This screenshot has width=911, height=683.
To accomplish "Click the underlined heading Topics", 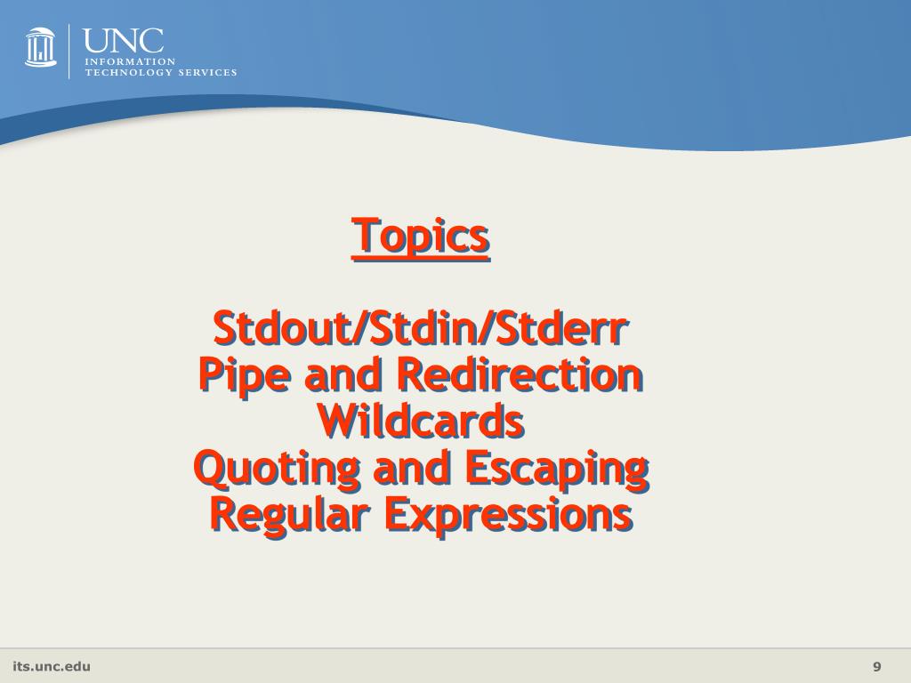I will coord(421,237).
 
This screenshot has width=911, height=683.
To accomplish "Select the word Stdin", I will coord(419,329).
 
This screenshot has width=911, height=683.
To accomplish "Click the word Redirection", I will coord(519,375).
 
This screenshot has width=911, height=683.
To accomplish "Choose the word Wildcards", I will coord(421,422).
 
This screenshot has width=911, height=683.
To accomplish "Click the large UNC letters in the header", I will coord(124,40).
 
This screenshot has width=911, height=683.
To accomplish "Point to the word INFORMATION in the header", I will coord(117,61).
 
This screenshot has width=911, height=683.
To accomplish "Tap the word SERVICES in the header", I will coord(208,72).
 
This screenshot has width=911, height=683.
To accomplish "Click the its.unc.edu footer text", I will coord(52,667).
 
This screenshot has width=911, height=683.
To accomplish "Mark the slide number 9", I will coord(877,667).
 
